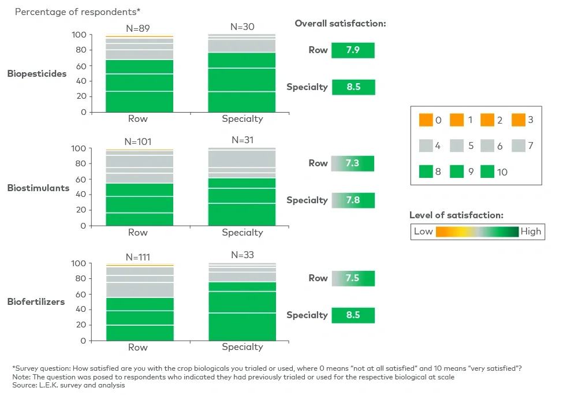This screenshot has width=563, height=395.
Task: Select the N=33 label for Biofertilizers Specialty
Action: point(243,255)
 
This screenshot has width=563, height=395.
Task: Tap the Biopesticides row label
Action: point(37,74)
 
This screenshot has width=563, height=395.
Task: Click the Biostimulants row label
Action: point(38,188)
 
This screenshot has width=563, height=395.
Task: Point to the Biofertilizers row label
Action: point(36,301)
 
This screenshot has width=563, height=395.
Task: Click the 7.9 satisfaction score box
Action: point(353,50)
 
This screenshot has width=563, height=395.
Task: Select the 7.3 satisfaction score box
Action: point(353,163)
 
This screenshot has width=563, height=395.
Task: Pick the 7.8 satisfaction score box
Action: point(353,200)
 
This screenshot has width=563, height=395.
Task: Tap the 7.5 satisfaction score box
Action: point(353,278)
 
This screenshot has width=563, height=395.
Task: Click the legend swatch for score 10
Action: point(487,172)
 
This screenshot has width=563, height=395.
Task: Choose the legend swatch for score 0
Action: point(426,120)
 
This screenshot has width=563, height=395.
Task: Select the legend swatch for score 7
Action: point(518,146)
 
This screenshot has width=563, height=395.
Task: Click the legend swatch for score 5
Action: point(456,146)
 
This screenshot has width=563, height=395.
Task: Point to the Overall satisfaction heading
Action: point(340,24)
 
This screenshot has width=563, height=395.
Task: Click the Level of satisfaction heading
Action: point(456,215)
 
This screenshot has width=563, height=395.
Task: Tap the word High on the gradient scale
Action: point(531,232)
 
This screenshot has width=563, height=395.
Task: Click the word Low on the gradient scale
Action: point(423,232)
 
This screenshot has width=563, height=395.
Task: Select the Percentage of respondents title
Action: point(77,12)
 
